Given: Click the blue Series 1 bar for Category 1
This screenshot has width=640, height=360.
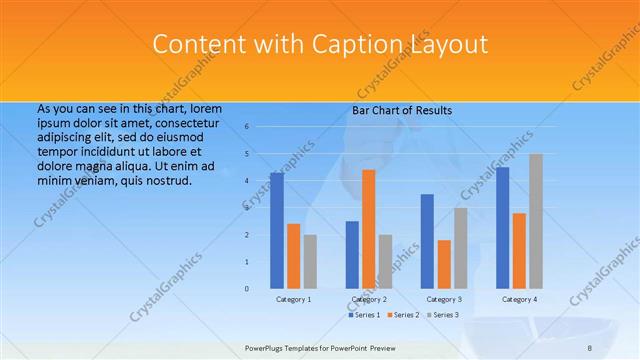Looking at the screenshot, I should (x=276, y=230).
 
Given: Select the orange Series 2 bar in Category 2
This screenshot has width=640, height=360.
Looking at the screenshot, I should (x=368, y=229).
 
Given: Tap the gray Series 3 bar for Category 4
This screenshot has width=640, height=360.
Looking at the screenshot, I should (x=536, y=221).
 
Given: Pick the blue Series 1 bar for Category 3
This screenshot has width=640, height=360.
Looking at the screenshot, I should (x=427, y=241).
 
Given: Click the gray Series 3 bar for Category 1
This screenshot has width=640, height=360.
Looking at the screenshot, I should (x=310, y=261).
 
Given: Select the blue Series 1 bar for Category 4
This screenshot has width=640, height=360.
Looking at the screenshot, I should (x=502, y=227).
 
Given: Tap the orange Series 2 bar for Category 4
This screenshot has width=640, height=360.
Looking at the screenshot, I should (x=519, y=250).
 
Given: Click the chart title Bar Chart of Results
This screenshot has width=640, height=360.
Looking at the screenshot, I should (x=402, y=110).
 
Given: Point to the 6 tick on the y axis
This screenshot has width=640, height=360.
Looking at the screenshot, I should (x=246, y=127).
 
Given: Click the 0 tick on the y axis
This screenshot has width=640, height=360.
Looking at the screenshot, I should (x=246, y=289).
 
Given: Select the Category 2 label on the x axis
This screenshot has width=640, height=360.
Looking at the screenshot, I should (x=369, y=299).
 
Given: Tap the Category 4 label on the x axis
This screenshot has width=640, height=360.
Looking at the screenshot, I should (x=519, y=299).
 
